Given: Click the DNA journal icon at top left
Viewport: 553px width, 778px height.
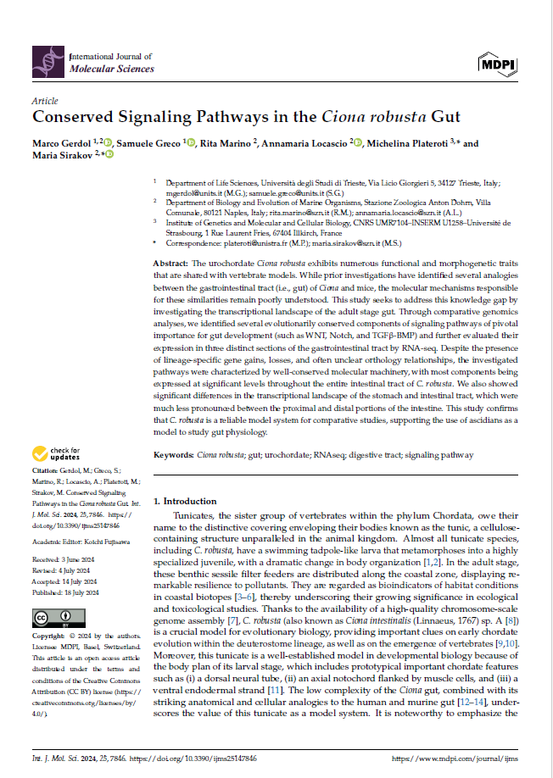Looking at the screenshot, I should [x=47, y=60].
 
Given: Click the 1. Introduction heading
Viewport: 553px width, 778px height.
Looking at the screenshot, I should [x=186, y=502].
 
